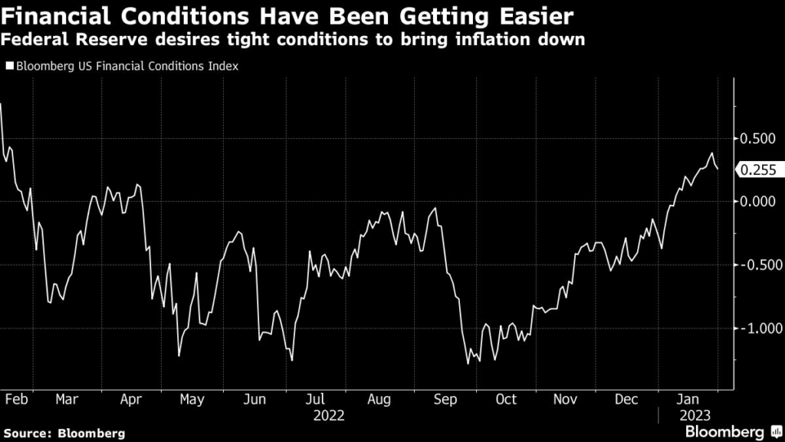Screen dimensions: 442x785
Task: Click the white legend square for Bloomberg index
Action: (9, 67)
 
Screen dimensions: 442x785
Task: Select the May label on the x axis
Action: (192, 399)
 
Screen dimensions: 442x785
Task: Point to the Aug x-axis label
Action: (379, 399)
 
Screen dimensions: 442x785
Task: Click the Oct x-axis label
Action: (506, 399)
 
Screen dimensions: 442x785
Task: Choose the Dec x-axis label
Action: (627, 399)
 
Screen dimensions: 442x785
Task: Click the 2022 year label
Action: (328, 416)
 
